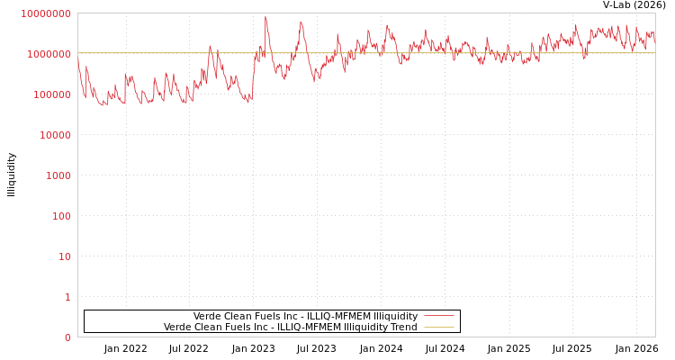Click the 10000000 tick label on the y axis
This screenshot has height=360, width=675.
[45, 13]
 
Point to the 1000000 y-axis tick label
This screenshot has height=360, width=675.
[49, 54]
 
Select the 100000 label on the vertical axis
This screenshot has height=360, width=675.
[51, 94]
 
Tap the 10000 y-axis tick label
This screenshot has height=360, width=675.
[54, 135]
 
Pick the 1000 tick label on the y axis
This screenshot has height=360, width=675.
[58, 175]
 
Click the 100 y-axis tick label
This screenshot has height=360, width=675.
[61, 216]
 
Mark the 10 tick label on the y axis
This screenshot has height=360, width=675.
[65, 256]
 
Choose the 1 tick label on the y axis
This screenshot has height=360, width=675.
[67, 297]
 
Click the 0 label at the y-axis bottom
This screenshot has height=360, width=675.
[67, 337]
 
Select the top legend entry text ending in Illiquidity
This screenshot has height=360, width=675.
[305, 316]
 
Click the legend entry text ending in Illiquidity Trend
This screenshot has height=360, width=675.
[290, 327]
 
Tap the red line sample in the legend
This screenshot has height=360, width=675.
[438, 316]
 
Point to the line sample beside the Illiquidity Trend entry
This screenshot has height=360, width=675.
[438, 327]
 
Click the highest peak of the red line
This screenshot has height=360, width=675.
[265, 17]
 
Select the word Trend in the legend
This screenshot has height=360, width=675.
[403, 327]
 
